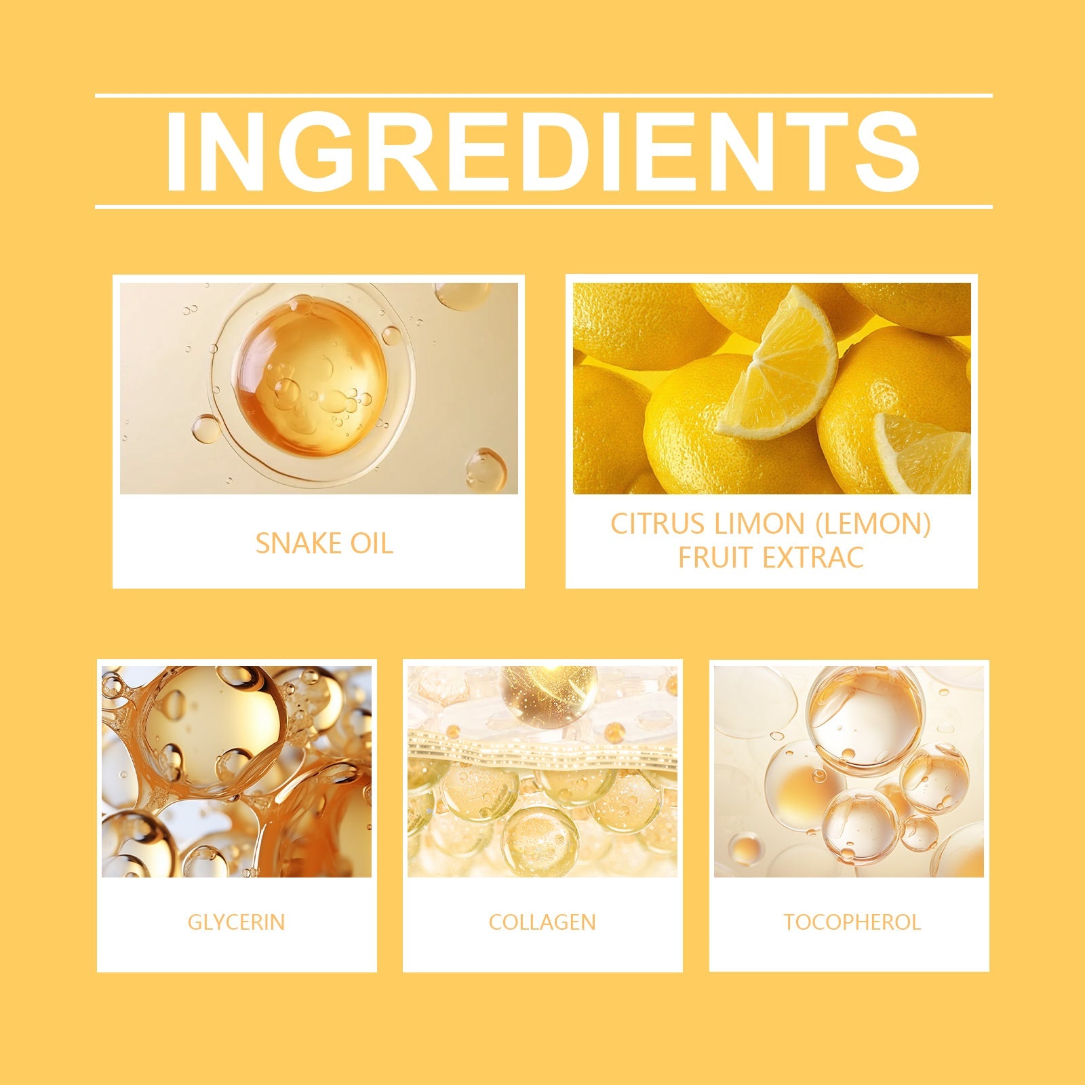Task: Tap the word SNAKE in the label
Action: pyautogui.click(x=289, y=544)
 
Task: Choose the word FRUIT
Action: pyautogui.click(x=716, y=558)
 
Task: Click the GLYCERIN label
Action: pyautogui.click(x=237, y=922)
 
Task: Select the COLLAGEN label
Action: pyautogui.click(x=542, y=922)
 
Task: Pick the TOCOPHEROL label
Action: pyautogui.click(x=852, y=922)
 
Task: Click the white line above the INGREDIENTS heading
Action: pyautogui.click(x=543, y=96)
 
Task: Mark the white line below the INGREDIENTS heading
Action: pyautogui.click(x=543, y=206)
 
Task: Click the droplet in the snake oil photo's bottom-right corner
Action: pyautogui.click(x=486, y=470)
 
